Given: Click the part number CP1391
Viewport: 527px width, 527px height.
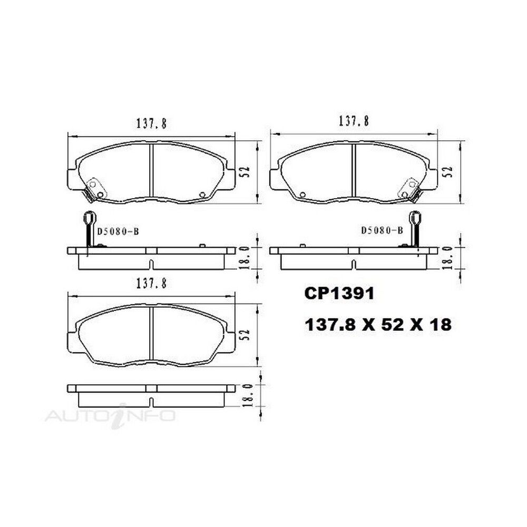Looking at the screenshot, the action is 339,294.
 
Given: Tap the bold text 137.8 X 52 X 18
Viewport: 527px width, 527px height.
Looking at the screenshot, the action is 378,325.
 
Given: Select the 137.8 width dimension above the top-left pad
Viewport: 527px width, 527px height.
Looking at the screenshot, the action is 151,123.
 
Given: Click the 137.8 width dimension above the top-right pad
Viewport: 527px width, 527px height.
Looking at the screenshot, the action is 354,121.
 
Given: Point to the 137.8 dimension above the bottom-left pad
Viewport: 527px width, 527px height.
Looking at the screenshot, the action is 151,284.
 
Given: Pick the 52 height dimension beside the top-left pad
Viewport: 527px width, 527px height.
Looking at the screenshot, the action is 246,172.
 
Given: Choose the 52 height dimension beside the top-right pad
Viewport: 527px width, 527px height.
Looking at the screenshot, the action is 448,172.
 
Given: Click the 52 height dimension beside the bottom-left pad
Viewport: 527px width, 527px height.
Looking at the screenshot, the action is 246,335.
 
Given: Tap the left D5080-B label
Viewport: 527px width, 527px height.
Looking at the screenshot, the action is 118,231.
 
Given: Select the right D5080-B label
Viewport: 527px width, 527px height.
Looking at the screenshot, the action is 382,231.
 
